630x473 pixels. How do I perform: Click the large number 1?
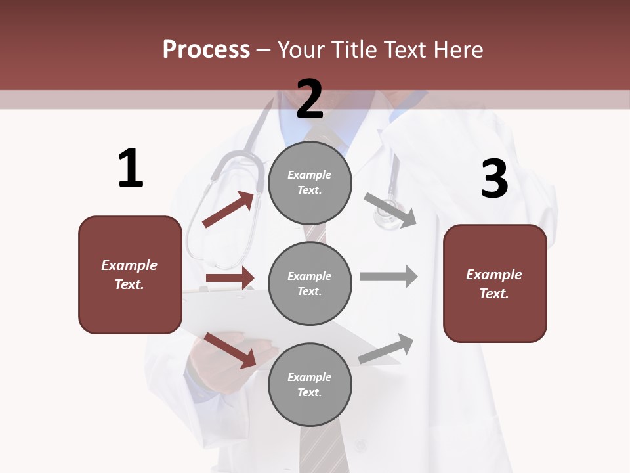click(131, 169)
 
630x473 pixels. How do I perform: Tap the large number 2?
click(310, 99)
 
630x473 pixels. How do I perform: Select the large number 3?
click(495, 179)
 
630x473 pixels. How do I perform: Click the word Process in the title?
click(206, 49)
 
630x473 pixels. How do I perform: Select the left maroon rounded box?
click(130, 275)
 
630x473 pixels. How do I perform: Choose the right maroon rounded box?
click(495, 283)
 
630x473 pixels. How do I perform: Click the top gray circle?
click(310, 183)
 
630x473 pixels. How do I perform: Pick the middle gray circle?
click(310, 283)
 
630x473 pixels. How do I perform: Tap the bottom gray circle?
click(310, 384)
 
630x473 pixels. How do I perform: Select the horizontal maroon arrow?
click(230, 279)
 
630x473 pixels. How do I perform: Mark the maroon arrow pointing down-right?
click(230, 350)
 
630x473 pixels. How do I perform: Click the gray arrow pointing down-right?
click(390, 210)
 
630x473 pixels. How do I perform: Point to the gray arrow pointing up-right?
click(387, 349)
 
